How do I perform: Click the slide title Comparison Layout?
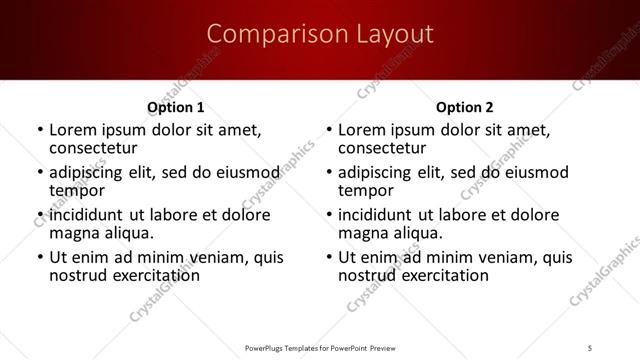click(x=320, y=35)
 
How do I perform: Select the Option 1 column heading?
click(x=176, y=107)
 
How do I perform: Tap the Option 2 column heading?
click(x=464, y=107)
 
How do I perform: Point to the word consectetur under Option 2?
click(x=382, y=147)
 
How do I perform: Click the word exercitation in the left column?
click(x=143, y=275)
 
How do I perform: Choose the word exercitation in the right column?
click(x=432, y=275)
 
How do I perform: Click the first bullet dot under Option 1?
click(x=40, y=130)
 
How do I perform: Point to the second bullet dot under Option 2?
click(x=329, y=173)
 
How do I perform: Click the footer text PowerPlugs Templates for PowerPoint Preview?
click(x=320, y=348)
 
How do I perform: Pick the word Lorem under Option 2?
click(x=361, y=130)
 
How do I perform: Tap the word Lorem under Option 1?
click(x=72, y=130)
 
